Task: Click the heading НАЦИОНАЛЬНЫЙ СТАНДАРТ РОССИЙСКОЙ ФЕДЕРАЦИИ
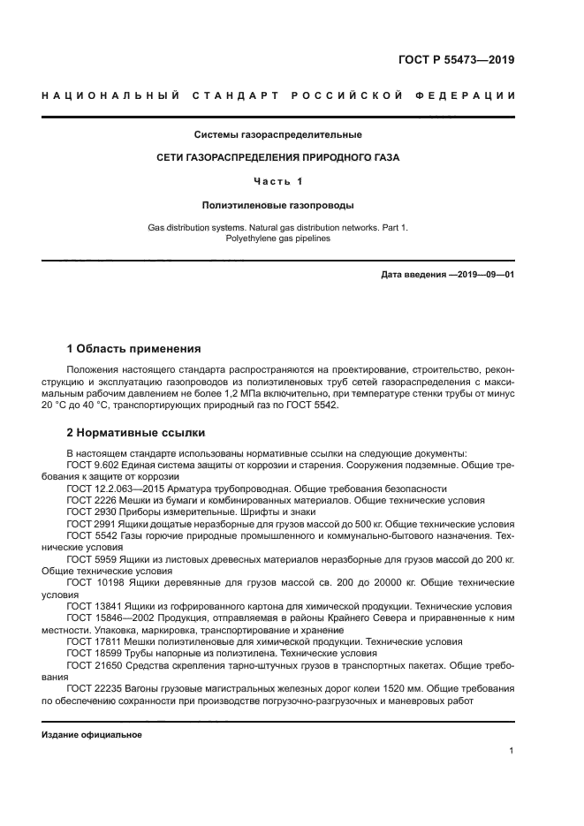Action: tap(278, 95)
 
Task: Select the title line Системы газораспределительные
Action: tap(278, 135)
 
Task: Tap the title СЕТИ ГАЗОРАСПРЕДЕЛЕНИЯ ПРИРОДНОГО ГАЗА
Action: tap(278, 158)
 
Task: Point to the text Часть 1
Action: tap(278, 181)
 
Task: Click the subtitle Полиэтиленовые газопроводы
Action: tap(278, 205)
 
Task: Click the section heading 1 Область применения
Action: tap(134, 349)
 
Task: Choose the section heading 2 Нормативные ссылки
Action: tap(136, 433)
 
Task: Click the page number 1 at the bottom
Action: tap(512, 751)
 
